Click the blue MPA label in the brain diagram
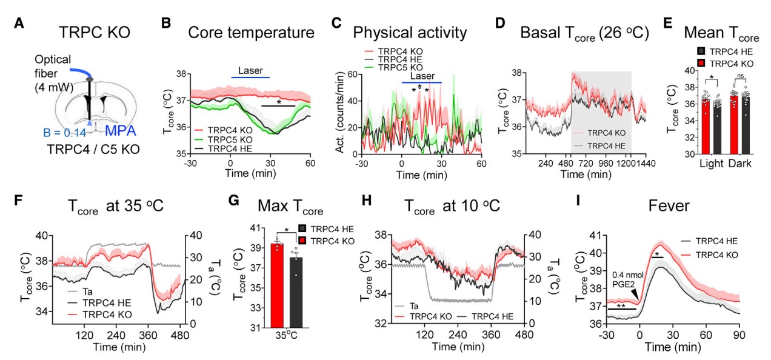121,131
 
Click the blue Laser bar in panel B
250,78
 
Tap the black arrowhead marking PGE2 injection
635,294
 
